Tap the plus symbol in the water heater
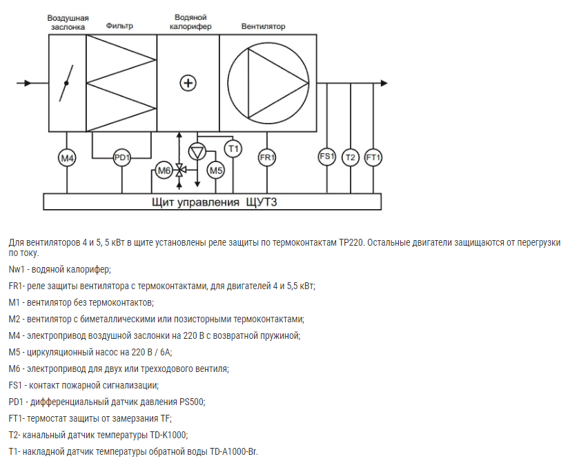(188, 83)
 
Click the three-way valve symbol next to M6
(179, 170)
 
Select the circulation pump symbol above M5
(197, 151)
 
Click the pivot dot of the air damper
(66, 84)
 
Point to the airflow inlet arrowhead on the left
(28, 84)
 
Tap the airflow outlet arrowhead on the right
(384, 84)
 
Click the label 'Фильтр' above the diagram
(119, 26)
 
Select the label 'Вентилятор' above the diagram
(264, 26)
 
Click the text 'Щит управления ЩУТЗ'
(215, 202)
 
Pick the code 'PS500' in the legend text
(192, 402)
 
